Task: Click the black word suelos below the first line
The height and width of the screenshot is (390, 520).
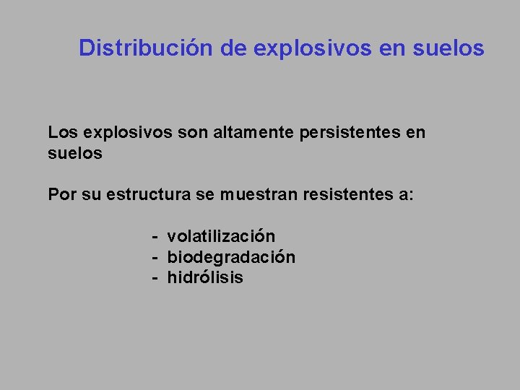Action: (75, 153)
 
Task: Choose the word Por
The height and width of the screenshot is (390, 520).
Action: (63, 195)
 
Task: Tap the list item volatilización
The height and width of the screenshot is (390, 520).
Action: (221, 236)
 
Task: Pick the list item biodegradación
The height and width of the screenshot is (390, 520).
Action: (231, 257)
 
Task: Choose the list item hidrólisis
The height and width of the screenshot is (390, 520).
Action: (205, 277)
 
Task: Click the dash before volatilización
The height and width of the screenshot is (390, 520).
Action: (155, 237)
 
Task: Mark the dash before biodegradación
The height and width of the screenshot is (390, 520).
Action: (155, 258)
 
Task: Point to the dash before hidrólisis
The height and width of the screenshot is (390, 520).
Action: (155, 278)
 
